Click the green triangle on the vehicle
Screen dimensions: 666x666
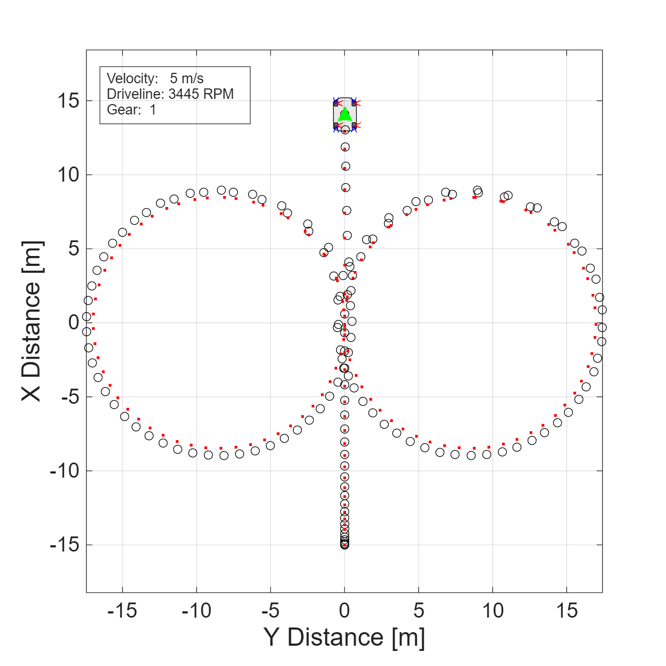pyautogui.click(x=345, y=115)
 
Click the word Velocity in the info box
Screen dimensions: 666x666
pyautogui.click(x=132, y=79)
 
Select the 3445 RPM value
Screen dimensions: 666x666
pyautogui.click(x=201, y=94)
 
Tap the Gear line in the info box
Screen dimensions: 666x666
pyautogui.click(x=131, y=110)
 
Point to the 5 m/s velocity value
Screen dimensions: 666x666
pyautogui.click(x=187, y=79)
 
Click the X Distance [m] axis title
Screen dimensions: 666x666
pyautogui.click(x=32, y=321)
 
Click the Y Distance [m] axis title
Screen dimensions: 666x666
pyautogui.click(x=344, y=637)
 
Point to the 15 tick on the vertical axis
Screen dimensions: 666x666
pyautogui.click(x=68, y=101)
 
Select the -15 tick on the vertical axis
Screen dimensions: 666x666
pyautogui.click(x=65, y=545)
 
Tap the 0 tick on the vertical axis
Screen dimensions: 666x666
pyautogui.click(x=73, y=323)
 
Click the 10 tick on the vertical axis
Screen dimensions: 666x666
pyautogui.click(x=68, y=175)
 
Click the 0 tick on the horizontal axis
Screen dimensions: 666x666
pyautogui.click(x=344, y=610)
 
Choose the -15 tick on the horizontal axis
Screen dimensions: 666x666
pyautogui.click(x=122, y=610)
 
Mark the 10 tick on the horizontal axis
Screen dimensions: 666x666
pyautogui.click(x=493, y=610)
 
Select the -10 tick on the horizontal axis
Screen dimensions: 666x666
pyautogui.click(x=196, y=610)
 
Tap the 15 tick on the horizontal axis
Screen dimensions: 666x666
pyautogui.click(x=567, y=610)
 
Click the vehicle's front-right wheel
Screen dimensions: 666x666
pyautogui.click(x=354, y=103)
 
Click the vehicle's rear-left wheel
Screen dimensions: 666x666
pyautogui.click(x=336, y=125)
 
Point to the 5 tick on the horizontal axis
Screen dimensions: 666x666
pyautogui.click(x=419, y=610)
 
